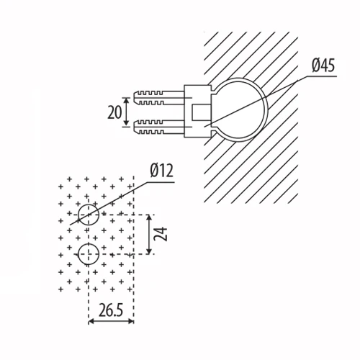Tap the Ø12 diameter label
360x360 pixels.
pyautogui.click(x=161, y=171)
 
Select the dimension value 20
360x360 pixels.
pyautogui.click(x=114, y=112)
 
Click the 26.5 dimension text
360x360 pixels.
pyautogui.click(x=111, y=310)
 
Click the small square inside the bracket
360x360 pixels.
pyautogui.click(x=201, y=112)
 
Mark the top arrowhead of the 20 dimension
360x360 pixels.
pyautogui.click(x=126, y=101)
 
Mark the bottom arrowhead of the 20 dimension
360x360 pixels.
pyautogui.click(x=126, y=123)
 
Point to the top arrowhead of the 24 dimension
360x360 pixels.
pyautogui.click(x=149, y=218)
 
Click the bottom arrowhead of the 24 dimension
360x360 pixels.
pyautogui.click(x=149, y=251)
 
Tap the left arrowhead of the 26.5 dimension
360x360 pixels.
pyautogui.click(x=92, y=321)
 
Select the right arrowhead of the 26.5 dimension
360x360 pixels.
pyautogui.click(x=130, y=321)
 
